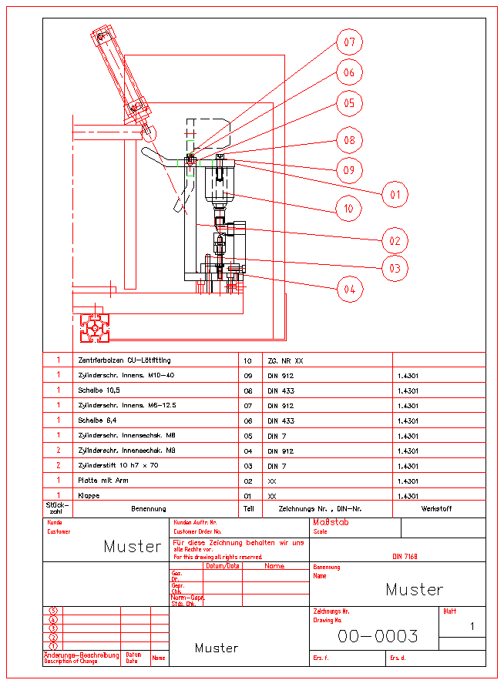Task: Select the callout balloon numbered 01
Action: [395, 195]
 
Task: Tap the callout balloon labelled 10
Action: [349, 208]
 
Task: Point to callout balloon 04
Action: [350, 290]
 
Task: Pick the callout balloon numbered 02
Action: [395, 240]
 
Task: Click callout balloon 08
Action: [350, 140]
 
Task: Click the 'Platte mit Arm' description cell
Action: [104, 481]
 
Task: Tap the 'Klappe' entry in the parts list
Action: [89, 496]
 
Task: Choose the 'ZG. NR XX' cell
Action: [285, 360]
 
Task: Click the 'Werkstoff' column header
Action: [436, 509]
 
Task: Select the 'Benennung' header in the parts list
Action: [149, 509]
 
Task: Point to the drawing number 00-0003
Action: [378, 636]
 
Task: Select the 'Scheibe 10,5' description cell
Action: [98, 390]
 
